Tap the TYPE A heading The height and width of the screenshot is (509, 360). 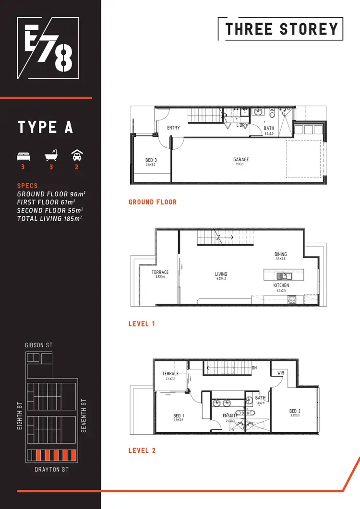pos(45,128)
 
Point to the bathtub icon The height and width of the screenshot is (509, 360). pos(50,156)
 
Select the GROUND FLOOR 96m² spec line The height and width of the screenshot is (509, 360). pos(51,194)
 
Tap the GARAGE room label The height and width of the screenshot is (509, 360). pos(241,160)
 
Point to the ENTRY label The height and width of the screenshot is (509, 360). pos(173,128)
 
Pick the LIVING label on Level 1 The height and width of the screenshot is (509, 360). pos(221,275)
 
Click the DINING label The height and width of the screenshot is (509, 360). pos(280,254)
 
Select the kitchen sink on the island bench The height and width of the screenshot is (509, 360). pos(284,276)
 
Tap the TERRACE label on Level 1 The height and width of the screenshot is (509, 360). pos(160,272)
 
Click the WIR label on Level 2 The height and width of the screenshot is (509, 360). pos(281,373)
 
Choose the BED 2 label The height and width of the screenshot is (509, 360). pos(295,411)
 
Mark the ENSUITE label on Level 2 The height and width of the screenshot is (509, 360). pos(230,415)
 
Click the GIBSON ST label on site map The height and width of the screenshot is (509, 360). pos(39,345)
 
